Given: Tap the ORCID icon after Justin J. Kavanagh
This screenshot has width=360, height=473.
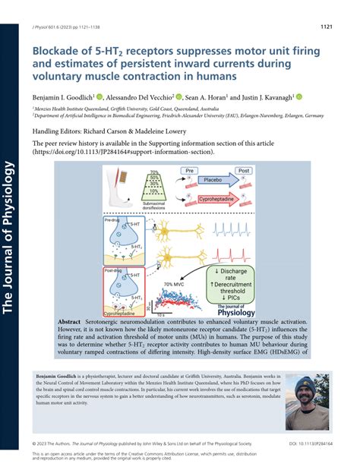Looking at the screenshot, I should pos(299,96).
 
